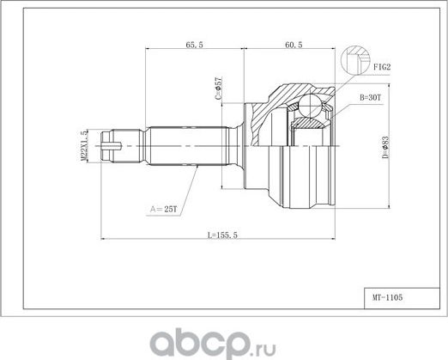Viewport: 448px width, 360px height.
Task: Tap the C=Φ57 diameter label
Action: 220,88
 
